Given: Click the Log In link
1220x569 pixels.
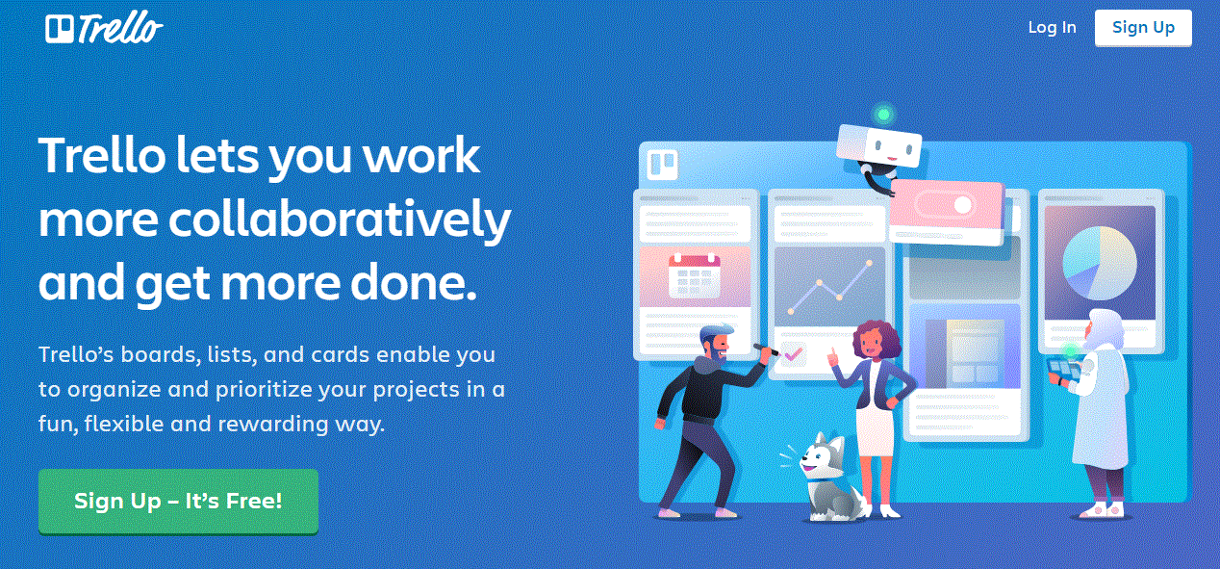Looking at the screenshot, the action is click(1052, 27).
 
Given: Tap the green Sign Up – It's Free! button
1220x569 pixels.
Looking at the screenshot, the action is click(178, 501).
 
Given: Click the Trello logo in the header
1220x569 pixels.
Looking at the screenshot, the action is click(104, 27).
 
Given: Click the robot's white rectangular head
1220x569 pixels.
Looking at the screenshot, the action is click(878, 144).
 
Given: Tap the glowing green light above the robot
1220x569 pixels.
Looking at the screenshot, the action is click(883, 115).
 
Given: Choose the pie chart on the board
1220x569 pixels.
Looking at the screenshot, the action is click(1100, 263).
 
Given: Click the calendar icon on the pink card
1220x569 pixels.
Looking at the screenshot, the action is click(695, 275).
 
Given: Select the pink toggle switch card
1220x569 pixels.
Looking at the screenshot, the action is click(947, 212).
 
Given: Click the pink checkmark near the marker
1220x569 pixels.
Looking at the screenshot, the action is click(793, 354).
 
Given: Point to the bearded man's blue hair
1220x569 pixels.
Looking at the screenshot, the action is click(715, 332).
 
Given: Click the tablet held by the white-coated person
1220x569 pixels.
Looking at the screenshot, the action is click(1064, 369).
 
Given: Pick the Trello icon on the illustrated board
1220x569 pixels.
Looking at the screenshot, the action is click(662, 164).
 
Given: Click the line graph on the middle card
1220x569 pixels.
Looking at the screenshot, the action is click(829, 287).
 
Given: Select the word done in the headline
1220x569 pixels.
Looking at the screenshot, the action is click(414, 283).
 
